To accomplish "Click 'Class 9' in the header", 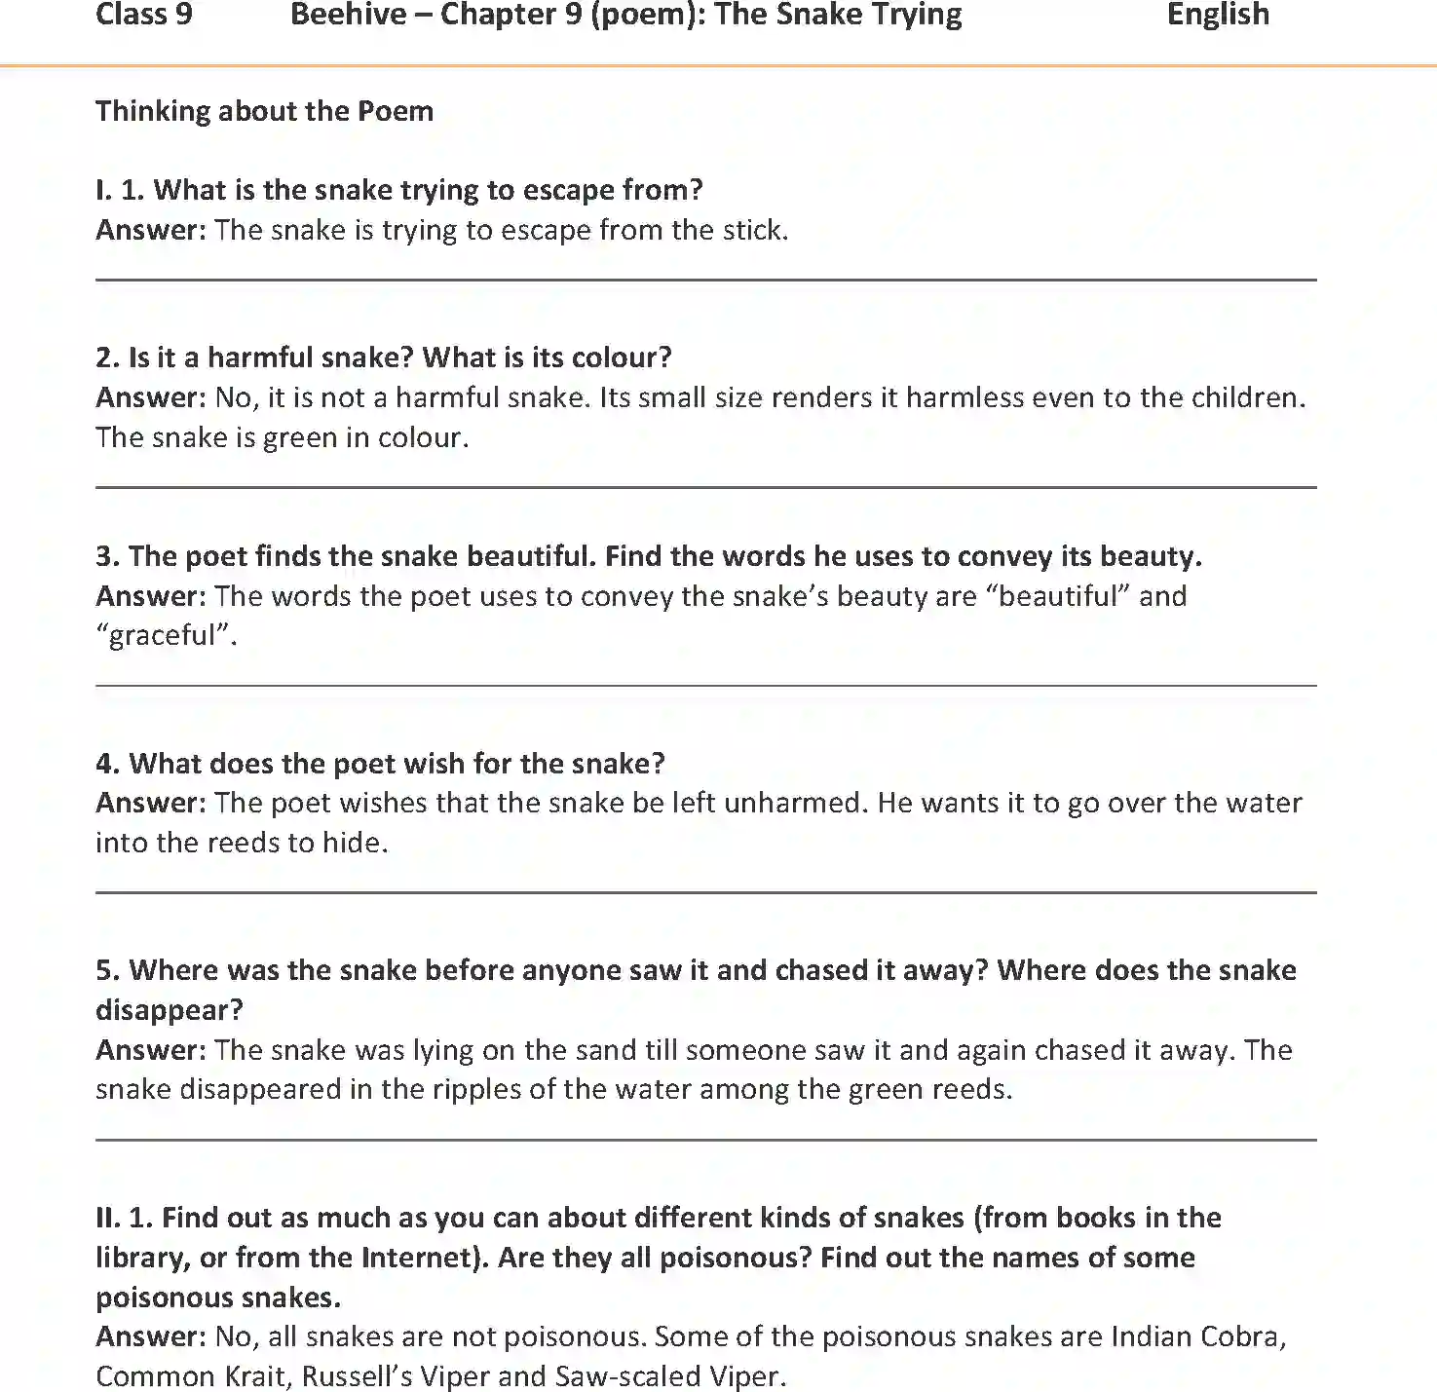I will tap(144, 15).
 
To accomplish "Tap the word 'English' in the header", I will tap(1218, 15).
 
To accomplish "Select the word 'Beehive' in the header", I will tap(349, 15).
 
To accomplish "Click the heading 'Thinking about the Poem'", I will tap(264, 111).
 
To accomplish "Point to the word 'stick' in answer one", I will tap(752, 230).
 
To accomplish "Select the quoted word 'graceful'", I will tap(165, 635).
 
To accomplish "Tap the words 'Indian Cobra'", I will tap(1197, 1336).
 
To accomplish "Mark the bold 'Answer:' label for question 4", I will tap(150, 803).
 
